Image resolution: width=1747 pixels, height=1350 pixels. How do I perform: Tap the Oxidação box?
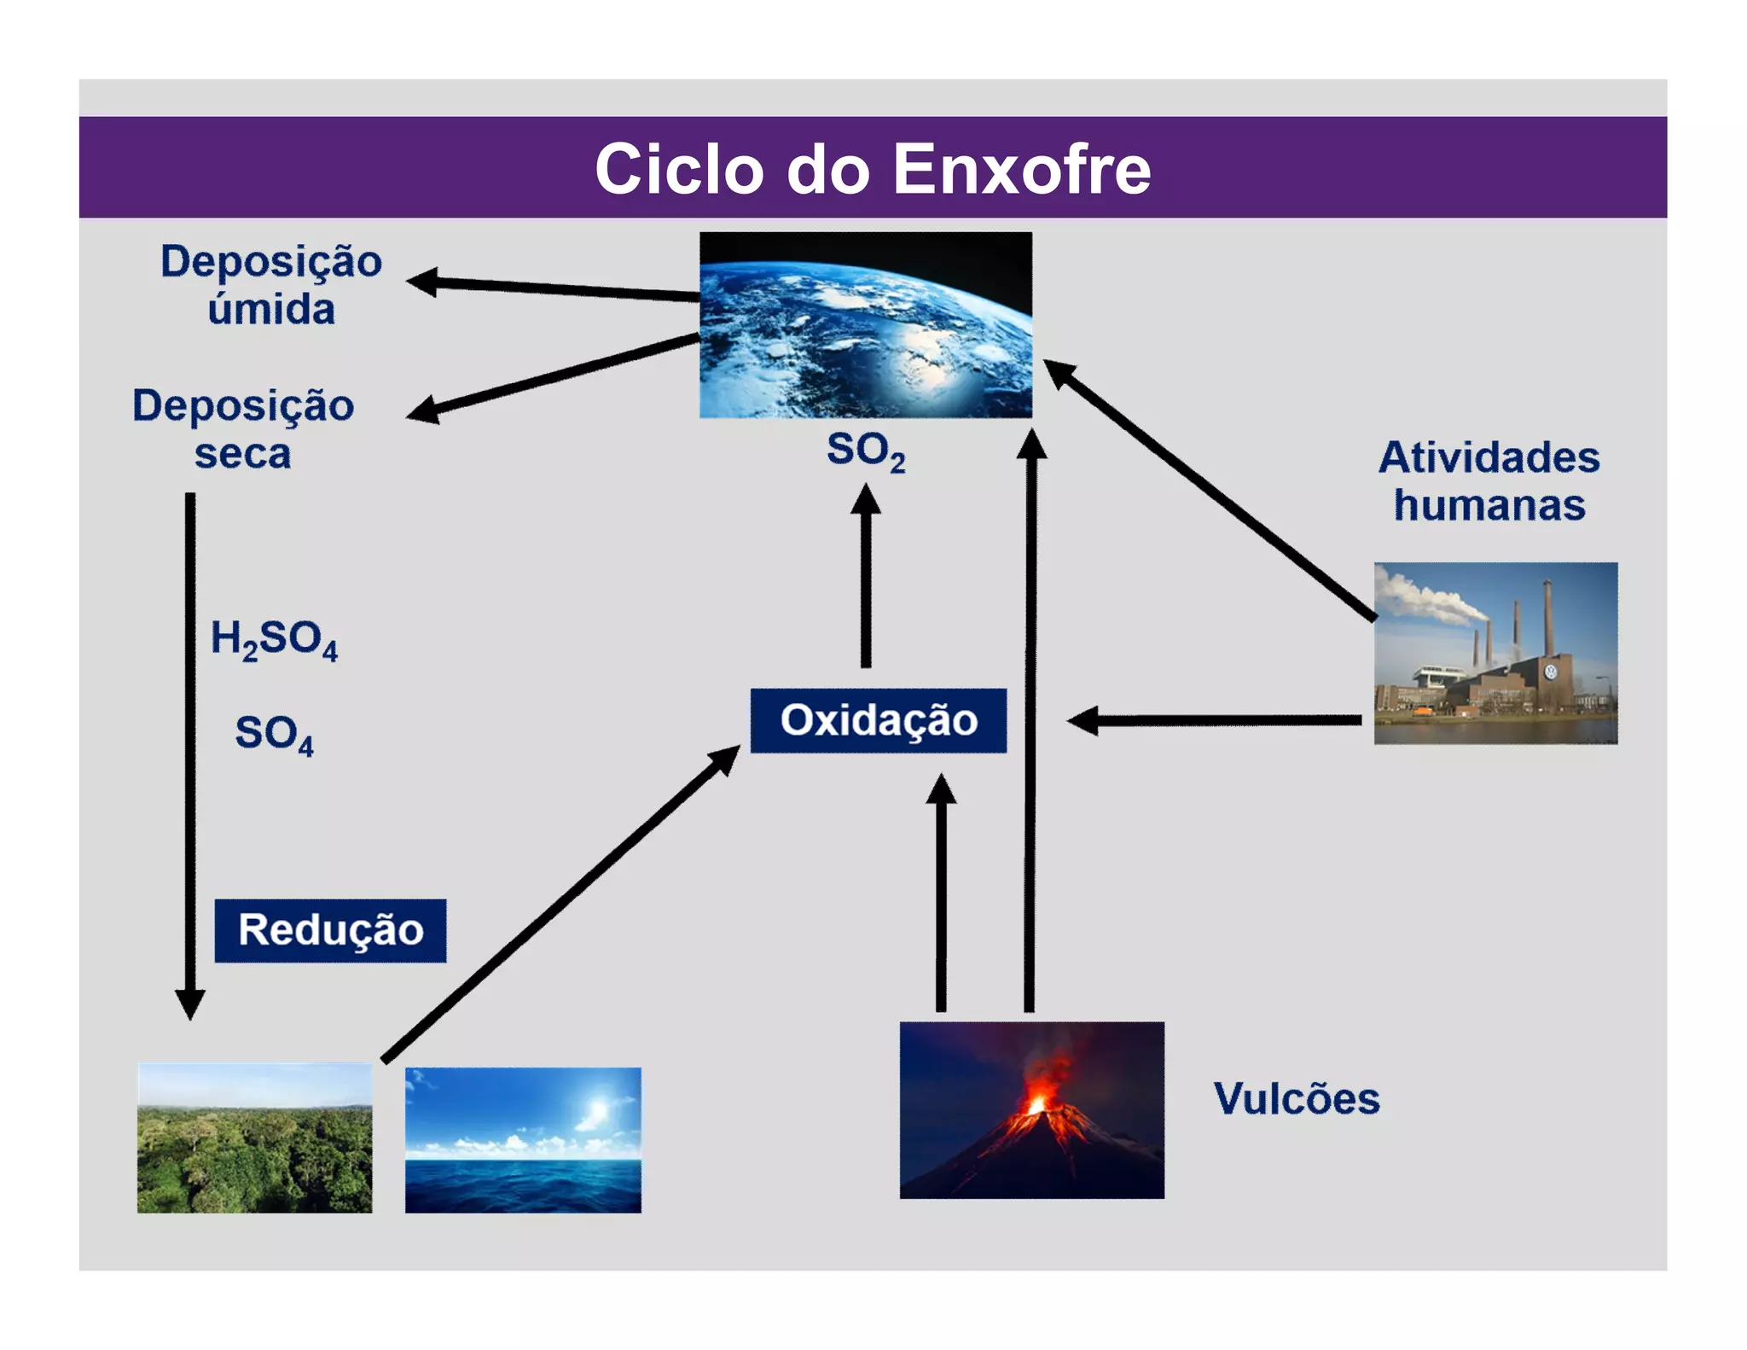pos(878,720)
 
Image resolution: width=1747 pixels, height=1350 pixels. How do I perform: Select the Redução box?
pos(330,930)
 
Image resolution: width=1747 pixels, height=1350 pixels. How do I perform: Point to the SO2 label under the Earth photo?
pos(865,451)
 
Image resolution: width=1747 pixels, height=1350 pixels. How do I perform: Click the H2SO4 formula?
pos(274,639)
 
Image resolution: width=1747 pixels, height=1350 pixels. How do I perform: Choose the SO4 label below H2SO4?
pos(274,734)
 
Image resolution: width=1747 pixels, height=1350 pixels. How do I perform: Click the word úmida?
pos(271,309)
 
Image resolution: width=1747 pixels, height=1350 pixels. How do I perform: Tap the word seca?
pos(242,453)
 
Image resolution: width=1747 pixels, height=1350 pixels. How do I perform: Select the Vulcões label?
pos(1296,1098)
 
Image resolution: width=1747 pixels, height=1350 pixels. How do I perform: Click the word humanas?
pos(1489,505)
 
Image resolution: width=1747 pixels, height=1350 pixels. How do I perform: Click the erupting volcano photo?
pos(1031,1109)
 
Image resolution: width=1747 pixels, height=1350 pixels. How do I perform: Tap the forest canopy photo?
pos(254,1138)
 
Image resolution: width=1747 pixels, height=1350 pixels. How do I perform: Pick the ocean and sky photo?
pos(523,1139)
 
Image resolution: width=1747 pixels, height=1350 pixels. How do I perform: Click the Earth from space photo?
pos(865,324)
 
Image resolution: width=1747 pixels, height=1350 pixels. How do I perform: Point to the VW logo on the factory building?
pos(1551,672)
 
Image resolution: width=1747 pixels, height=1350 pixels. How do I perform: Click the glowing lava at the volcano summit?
pos(1037,1104)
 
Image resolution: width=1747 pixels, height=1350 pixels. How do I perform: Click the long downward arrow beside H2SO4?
pos(189,751)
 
